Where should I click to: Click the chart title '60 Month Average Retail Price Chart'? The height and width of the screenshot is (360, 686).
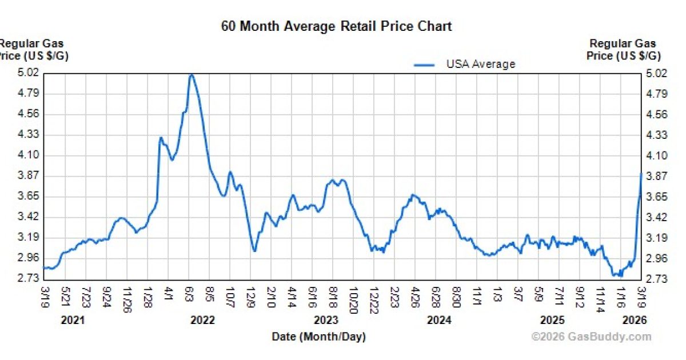pyautogui.click(x=337, y=26)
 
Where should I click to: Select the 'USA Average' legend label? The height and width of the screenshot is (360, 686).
pyautogui.click(x=480, y=64)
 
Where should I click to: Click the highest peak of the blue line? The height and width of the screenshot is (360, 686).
pyautogui.click(x=192, y=75)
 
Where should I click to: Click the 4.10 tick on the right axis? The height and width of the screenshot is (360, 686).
pyautogui.click(x=656, y=155)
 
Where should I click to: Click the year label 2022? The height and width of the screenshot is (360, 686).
pyautogui.click(x=202, y=321)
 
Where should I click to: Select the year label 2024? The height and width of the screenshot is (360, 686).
pyautogui.click(x=439, y=321)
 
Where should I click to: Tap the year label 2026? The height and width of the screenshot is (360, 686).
pyautogui.click(x=635, y=321)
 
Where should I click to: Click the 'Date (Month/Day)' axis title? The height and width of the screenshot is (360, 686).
pyautogui.click(x=318, y=337)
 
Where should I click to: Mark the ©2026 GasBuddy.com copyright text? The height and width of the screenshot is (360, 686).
pyautogui.click(x=591, y=337)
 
